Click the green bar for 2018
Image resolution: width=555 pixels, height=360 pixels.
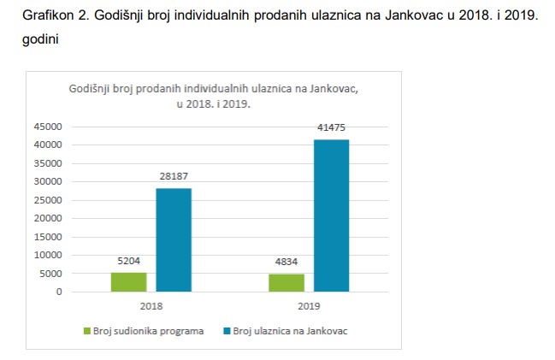click(129, 282)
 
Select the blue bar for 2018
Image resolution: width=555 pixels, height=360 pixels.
click(174, 240)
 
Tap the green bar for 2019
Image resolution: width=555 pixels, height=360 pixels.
click(286, 283)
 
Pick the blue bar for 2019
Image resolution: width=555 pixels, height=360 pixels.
click(331, 215)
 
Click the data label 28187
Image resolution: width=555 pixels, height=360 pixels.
click(174, 176)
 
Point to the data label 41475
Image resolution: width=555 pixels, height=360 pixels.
click(331, 127)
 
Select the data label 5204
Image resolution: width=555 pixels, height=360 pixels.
click(129, 261)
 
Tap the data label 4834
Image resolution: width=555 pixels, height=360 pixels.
click(286, 262)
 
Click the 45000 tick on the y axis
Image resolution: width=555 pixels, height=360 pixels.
click(48, 126)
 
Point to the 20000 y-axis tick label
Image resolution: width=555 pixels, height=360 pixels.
click(48, 218)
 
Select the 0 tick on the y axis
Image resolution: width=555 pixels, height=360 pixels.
click(59, 292)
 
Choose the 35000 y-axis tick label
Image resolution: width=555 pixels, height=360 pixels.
click(48, 162)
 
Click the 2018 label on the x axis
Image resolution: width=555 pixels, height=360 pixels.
click(151, 305)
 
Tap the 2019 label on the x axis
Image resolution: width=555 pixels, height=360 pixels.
click(309, 305)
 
